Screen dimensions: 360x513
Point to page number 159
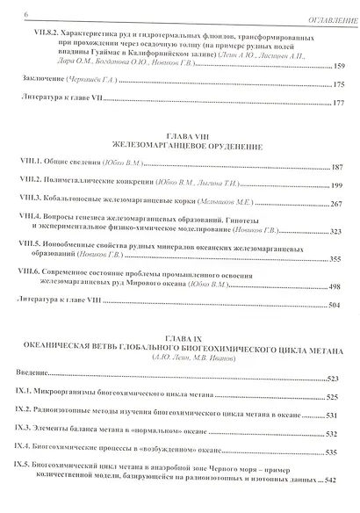342,68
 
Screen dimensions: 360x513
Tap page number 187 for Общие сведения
342,167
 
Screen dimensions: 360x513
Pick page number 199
342,186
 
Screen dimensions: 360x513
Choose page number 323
342,233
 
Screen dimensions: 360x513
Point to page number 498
342,287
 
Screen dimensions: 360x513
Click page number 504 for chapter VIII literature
342,306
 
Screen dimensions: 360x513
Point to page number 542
342,480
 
